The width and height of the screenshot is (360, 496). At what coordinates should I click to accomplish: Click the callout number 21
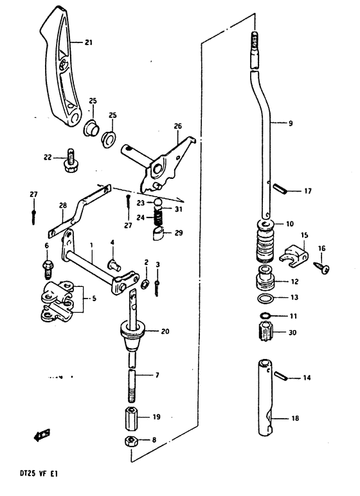point(88,42)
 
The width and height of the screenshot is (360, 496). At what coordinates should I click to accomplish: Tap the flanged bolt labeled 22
point(70,160)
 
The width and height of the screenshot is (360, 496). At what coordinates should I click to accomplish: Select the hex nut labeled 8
point(130,441)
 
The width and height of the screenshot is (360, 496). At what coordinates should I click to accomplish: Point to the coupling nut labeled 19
point(132,419)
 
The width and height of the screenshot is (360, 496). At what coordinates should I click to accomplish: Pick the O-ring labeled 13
point(266,299)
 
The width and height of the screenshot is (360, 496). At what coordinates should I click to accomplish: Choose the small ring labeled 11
point(265,315)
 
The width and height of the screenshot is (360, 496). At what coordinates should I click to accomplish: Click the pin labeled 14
point(280,376)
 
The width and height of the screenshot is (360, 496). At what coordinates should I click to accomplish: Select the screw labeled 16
point(322,268)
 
